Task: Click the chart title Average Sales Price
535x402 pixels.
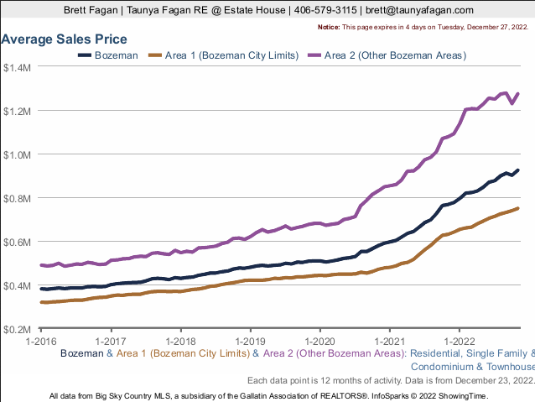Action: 65,39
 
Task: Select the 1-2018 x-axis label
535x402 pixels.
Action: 180,342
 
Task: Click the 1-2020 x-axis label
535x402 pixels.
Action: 319,342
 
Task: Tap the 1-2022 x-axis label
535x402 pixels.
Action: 458,342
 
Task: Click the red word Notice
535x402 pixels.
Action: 329,28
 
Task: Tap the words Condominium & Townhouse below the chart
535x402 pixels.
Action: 472,367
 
